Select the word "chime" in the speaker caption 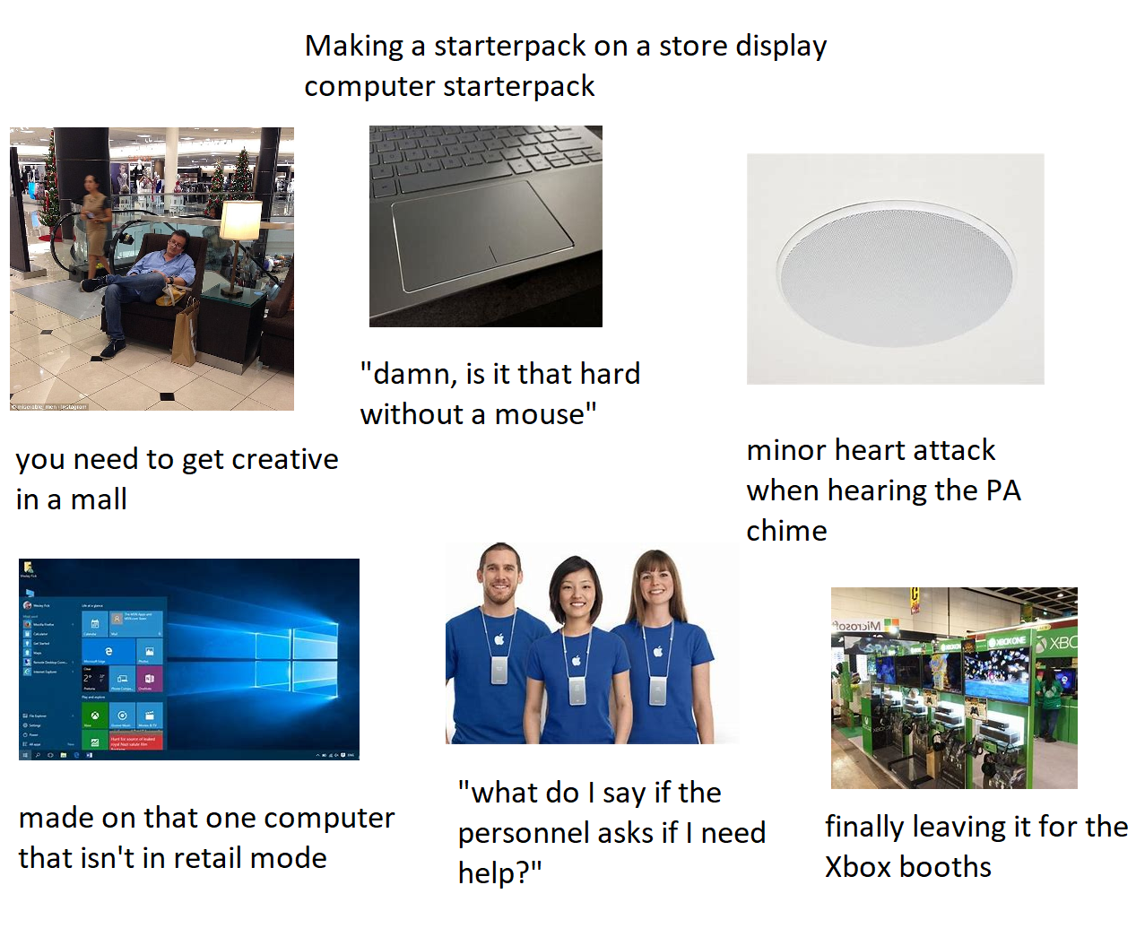tap(786, 531)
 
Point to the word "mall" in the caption tap(99, 499)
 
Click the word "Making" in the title tap(353, 46)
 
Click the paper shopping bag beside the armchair tap(186, 333)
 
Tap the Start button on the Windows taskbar tap(25, 755)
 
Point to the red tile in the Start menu tap(136, 741)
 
